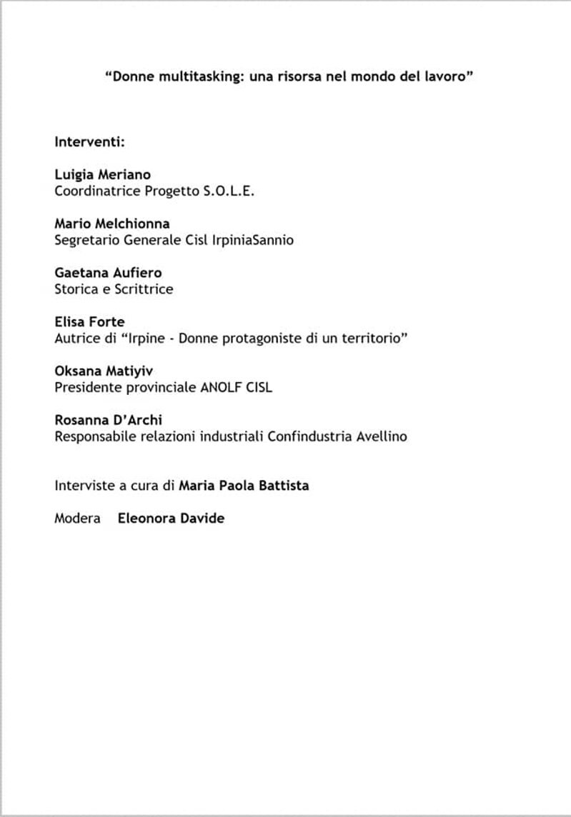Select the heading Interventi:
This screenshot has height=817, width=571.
[x=90, y=141]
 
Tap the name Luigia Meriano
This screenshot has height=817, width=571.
[x=102, y=175]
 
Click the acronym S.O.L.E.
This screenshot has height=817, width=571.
[x=229, y=191]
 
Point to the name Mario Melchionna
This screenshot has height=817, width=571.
[x=112, y=224]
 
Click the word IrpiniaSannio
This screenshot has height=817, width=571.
[x=252, y=240]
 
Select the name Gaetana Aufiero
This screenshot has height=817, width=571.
[x=108, y=272]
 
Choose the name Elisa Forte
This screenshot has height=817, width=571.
[x=89, y=321]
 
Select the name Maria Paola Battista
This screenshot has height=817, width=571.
[x=244, y=485]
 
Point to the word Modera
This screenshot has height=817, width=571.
[x=77, y=518]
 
